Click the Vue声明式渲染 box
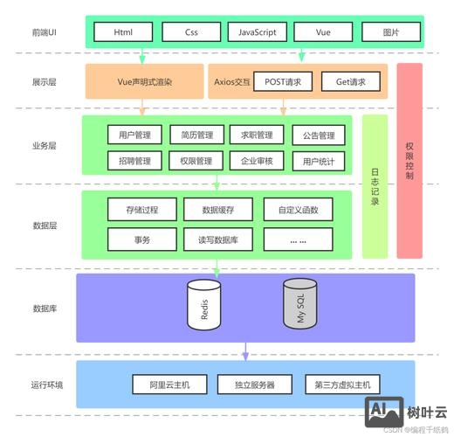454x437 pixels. tap(144, 82)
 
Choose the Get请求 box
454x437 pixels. tap(351, 82)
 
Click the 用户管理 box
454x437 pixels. tap(134, 135)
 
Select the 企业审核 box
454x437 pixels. tap(257, 161)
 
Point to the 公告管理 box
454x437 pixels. tap(318, 135)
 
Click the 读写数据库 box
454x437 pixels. tap(217, 239)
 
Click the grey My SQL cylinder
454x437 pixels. tap(299, 303)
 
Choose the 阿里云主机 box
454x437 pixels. tap(169, 385)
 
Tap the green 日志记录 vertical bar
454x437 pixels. tap(375, 186)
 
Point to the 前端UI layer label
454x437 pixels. tap(45, 32)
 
